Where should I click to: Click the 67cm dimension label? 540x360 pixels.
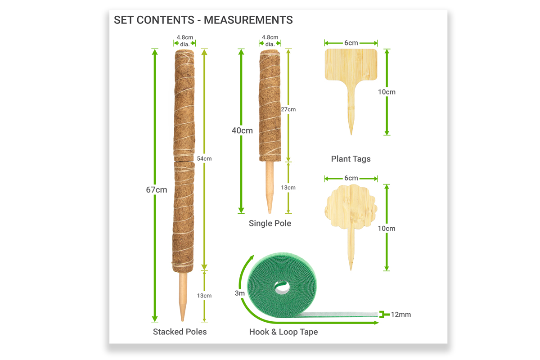(x=157, y=190)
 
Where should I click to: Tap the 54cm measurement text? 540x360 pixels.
(x=204, y=159)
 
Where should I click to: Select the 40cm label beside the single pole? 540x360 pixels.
(x=242, y=130)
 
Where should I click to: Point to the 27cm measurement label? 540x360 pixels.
(x=288, y=109)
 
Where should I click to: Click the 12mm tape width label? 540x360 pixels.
(x=401, y=315)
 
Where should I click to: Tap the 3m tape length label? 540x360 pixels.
(x=239, y=293)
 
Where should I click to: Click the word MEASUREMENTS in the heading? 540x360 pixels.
(x=248, y=20)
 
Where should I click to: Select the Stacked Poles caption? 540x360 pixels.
(x=180, y=332)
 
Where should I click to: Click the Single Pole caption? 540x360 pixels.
(x=270, y=223)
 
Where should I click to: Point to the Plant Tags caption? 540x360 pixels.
(x=351, y=159)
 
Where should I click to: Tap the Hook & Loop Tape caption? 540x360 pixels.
(x=283, y=332)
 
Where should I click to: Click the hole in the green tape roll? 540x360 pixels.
(x=282, y=288)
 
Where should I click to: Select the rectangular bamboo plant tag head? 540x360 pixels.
(x=351, y=65)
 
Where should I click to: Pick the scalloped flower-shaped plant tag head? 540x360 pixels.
(x=351, y=207)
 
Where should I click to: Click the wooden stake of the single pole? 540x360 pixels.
(x=270, y=187)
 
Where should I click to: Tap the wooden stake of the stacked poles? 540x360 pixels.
(x=183, y=297)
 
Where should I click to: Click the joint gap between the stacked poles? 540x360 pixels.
(x=184, y=161)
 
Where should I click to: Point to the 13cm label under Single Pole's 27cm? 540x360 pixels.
(x=288, y=188)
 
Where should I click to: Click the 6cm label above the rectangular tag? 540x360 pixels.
(x=351, y=43)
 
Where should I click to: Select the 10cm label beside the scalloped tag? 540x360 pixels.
(x=387, y=228)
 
